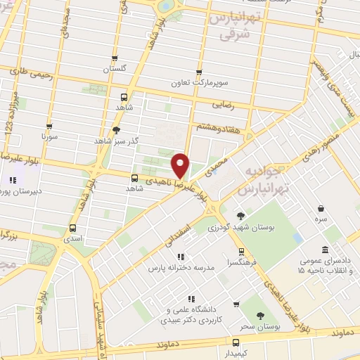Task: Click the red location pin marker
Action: coord(181,165)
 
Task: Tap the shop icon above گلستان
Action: coord(113,59)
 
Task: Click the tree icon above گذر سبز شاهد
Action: coord(116,130)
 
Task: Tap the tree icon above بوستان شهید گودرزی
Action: coord(241,216)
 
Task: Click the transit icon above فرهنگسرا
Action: coord(242,250)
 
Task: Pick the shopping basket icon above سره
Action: coord(321,209)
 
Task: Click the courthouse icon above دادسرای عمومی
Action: coord(324,250)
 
